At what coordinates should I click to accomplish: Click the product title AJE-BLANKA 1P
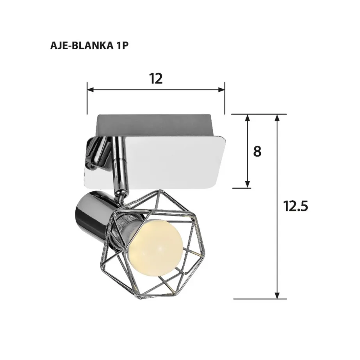89,45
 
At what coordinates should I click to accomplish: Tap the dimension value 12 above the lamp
156,78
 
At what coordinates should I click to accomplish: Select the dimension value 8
257,151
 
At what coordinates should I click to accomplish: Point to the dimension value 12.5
296,206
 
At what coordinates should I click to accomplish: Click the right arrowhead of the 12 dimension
222,90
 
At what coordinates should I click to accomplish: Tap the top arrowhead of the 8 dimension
247,117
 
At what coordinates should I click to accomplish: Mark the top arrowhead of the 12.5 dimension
277,118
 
